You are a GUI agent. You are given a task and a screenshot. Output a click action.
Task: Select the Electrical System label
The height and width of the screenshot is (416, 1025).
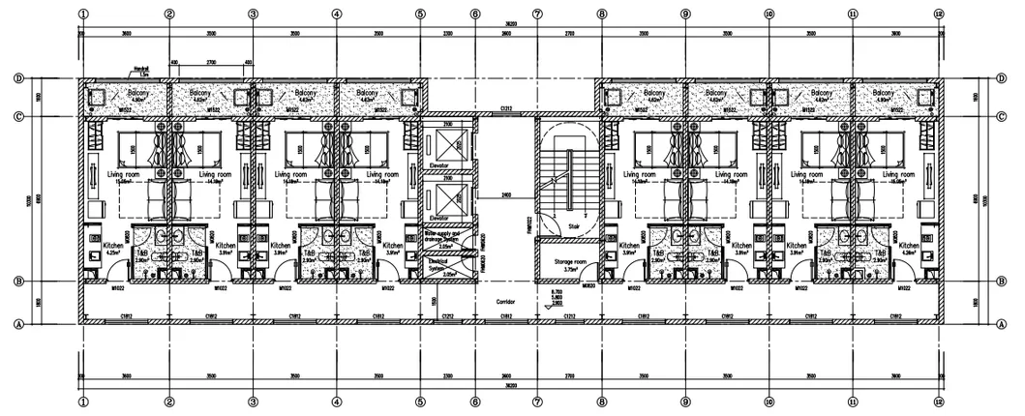pos(442,264)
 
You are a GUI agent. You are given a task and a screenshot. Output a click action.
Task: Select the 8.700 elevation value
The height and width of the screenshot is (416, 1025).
pos(557,291)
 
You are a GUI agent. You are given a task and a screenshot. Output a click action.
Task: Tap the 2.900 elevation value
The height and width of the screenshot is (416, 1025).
pos(557,303)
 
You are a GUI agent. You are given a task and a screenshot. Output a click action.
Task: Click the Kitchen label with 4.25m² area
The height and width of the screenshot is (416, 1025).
pos(112,247)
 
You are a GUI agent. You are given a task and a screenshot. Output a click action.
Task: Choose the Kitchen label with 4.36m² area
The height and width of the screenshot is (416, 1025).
pos(909,247)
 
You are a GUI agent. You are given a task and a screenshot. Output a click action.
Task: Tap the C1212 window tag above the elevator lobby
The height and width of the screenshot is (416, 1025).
pos(505,109)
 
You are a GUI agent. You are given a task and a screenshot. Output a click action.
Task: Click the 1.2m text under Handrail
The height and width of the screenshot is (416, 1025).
pos(140,74)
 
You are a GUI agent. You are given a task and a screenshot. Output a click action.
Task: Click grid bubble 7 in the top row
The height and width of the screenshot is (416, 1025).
pos(537,15)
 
